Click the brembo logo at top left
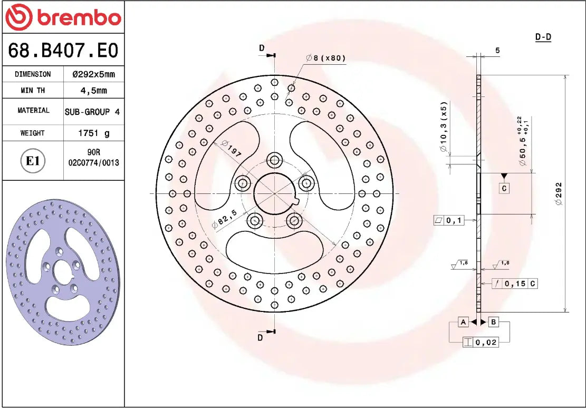(x=63, y=17)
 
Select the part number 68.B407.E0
(x=63, y=51)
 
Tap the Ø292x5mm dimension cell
(x=93, y=74)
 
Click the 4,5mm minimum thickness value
(x=93, y=91)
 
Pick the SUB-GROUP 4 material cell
(x=92, y=112)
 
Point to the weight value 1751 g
(x=93, y=133)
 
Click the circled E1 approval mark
(x=33, y=161)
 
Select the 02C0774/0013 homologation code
(x=93, y=163)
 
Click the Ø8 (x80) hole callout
(x=325, y=58)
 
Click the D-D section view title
(x=543, y=37)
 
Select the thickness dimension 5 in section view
(x=497, y=51)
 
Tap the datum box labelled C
(x=504, y=188)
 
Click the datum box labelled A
(x=463, y=321)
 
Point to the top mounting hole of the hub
(x=274, y=160)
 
